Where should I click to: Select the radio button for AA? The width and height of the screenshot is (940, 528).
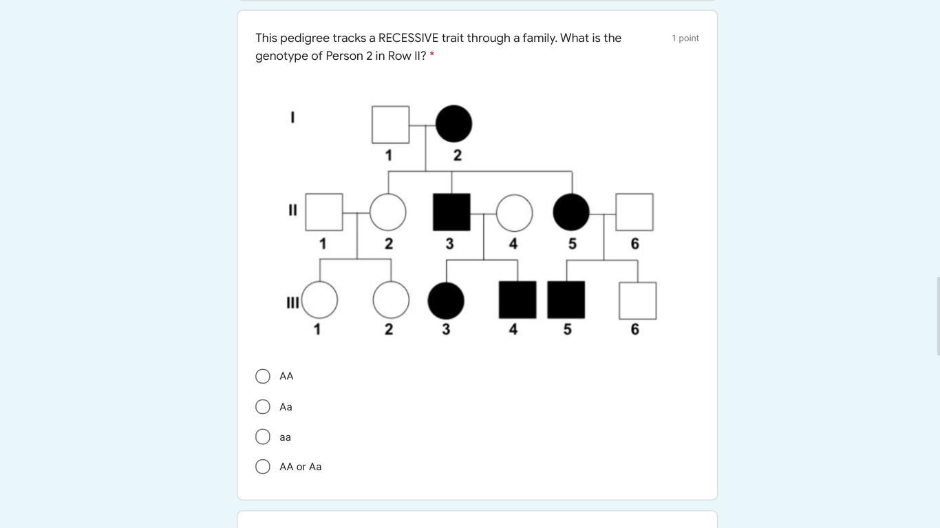(x=263, y=376)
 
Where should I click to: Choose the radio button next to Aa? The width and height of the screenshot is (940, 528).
(x=263, y=406)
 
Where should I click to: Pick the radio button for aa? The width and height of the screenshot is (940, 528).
(x=263, y=437)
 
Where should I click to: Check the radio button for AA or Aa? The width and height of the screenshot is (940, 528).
(x=263, y=466)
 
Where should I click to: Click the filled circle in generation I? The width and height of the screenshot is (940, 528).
(x=453, y=124)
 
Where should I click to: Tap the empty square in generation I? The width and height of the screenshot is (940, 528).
(x=391, y=124)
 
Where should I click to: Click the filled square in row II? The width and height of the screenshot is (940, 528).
(x=451, y=212)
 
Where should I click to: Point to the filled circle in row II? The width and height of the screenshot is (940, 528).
(x=571, y=212)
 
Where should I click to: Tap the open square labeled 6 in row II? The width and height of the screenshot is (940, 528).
(x=634, y=212)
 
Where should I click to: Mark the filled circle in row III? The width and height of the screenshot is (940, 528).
(x=446, y=300)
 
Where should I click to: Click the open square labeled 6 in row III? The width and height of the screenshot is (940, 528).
(x=638, y=300)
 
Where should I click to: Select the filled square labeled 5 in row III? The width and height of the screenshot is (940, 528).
(x=566, y=300)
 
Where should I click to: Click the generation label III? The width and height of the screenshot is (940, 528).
(x=292, y=302)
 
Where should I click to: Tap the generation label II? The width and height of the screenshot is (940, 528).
(x=292, y=210)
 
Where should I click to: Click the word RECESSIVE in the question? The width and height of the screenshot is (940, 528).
(x=408, y=38)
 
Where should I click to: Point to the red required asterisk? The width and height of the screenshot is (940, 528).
(x=432, y=54)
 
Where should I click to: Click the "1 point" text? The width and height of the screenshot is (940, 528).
(x=685, y=38)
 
